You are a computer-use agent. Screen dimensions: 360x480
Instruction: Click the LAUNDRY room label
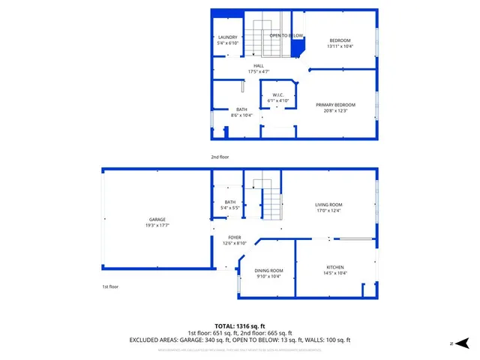point(227,37)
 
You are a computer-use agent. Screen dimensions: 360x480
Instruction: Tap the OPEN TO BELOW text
point(286,35)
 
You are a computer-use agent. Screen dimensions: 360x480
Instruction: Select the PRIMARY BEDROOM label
point(335,105)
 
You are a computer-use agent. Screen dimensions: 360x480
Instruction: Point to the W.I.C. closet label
point(277,95)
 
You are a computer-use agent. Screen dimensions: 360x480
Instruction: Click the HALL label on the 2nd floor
point(258,66)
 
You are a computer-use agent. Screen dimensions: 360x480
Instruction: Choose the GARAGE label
point(157,220)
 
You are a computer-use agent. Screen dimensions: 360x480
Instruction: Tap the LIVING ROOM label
point(328,205)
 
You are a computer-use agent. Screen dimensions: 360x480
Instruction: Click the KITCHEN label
point(334,268)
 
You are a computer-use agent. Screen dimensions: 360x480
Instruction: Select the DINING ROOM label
point(268,271)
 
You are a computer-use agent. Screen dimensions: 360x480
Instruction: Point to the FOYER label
point(235,237)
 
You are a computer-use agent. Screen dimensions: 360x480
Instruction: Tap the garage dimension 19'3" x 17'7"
point(157,226)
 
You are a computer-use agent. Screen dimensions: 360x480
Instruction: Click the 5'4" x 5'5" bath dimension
point(230,208)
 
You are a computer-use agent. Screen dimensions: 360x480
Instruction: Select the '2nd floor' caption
point(220,157)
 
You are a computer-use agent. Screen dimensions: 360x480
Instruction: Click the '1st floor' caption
point(110,286)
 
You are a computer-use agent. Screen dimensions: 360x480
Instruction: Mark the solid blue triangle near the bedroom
point(297,48)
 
